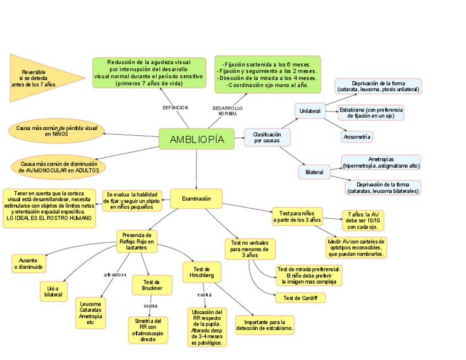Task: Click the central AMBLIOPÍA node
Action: pyautogui.click(x=197, y=139)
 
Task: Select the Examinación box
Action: pyautogui.click(x=196, y=198)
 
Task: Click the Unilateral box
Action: pyautogui.click(x=310, y=111)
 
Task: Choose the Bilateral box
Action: pyautogui.click(x=314, y=172)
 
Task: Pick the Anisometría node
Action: pyautogui.click(x=357, y=136)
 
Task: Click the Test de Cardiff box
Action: pyautogui.click(x=300, y=298)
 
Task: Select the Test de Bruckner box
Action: pyautogui.click(x=152, y=285)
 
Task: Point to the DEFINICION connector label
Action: pyautogui.click(x=175, y=108)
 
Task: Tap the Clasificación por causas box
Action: pyautogui.click(x=267, y=137)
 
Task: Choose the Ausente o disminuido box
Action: pyautogui.click(x=29, y=263)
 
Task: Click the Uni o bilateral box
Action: pyautogui.click(x=53, y=291)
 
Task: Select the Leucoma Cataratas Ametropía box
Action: pyautogui.click(x=91, y=313)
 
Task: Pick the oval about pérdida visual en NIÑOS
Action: pyautogui.click(x=57, y=131)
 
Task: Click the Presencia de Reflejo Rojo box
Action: pyautogui.click(x=137, y=241)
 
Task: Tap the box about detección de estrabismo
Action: pyautogui.click(x=265, y=325)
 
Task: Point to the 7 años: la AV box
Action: pyautogui.click(x=362, y=220)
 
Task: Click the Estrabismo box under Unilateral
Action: pyautogui.click(x=371, y=113)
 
